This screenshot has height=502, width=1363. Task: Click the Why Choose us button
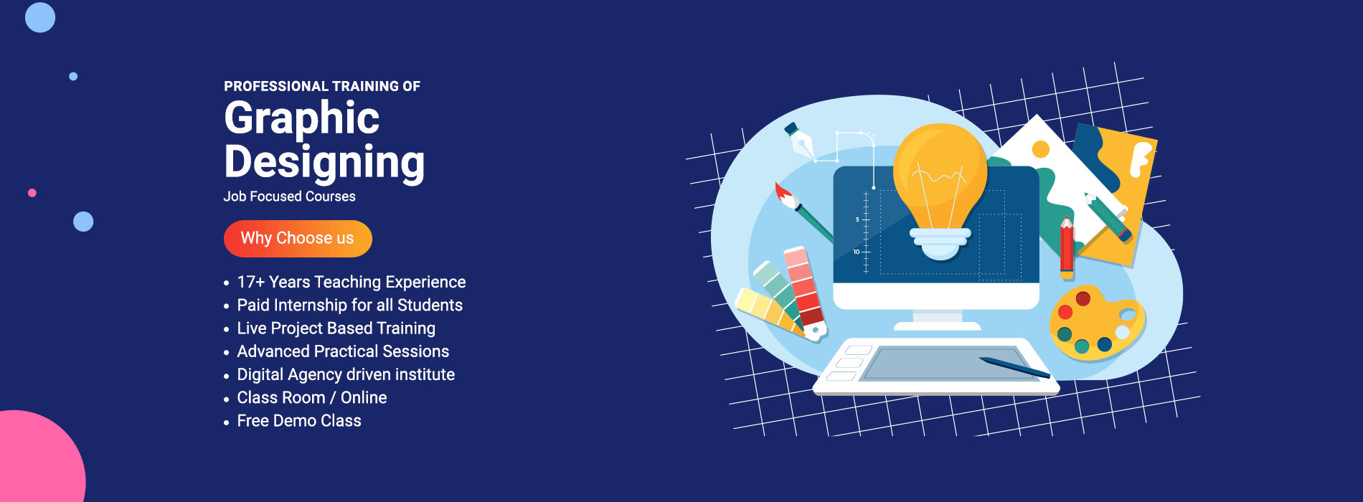(x=298, y=238)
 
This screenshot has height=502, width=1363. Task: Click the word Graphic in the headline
(x=302, y=118)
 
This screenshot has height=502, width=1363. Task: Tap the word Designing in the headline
(x=324, y=163)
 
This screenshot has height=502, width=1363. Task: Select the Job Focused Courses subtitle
(x=289, y=196)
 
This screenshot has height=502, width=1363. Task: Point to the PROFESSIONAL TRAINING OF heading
(x=322, y=86)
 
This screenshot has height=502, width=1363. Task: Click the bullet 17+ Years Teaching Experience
(x=352, y=282)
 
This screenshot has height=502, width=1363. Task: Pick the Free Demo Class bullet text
(x=299, y=421)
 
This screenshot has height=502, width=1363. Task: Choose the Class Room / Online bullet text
(x=312, y=397)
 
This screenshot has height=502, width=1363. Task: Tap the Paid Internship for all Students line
(x=350, y=306)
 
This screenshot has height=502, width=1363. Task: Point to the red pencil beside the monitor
(x=1067, y=247)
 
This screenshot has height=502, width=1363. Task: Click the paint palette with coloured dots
(x=1095, y=323)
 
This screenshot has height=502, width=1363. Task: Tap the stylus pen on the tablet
(x=1014, y=366)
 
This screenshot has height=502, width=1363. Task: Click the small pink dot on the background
(x=32, y=193)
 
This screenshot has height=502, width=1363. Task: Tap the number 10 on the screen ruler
(x=857, y=252)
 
